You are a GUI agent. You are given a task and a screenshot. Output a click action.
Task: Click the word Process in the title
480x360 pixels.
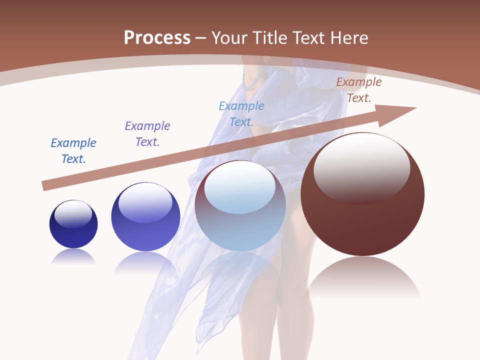point(157,38)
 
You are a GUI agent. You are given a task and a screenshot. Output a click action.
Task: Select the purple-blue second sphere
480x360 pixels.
point(145,230)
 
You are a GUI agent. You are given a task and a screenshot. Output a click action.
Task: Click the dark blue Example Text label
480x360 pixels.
point(73,151)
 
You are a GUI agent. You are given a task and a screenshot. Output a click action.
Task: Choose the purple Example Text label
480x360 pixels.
point(147,134)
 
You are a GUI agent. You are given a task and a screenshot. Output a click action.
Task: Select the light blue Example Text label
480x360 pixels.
point(241,114)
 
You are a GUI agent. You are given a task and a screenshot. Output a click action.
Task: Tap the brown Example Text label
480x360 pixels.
point(359,90)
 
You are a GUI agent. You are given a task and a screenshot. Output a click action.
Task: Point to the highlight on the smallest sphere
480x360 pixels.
point(73,213)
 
